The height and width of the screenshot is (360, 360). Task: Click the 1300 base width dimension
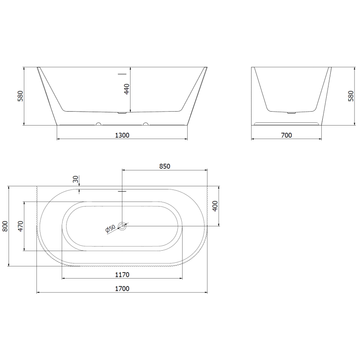click(x=122, y=135)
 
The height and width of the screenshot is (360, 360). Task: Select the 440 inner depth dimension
click(x=127, y=89)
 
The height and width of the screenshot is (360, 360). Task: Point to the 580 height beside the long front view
click(x=20, y=96)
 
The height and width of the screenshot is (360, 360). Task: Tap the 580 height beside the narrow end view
click(x=351, y=96)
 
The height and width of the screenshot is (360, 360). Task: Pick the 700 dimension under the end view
click(x=286, y=135)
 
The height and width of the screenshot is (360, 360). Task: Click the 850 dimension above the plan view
click(x=165, y=166)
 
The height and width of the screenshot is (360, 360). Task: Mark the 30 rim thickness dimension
click(x=76, y=179)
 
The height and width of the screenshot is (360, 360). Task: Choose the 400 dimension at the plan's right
click(x=215, y=206)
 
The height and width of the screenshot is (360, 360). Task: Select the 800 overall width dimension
click(x=5, y=226)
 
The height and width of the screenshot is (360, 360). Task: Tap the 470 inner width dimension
click(x=20, y=226)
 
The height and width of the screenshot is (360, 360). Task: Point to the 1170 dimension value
click(x=122, y=275)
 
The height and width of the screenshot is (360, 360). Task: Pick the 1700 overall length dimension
click(x=122, y=288)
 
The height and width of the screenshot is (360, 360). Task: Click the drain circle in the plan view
click(x=122, y=226)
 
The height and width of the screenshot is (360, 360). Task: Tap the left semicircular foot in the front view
click(x=98, y=124)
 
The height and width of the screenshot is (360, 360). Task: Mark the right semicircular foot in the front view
click(x=145, y=124)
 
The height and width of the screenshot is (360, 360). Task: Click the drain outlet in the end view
click(x=292, y=112)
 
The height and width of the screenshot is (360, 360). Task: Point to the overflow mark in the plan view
click(x=121, y=191)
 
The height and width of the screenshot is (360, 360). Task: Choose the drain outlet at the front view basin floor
click(x=121, y=113)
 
